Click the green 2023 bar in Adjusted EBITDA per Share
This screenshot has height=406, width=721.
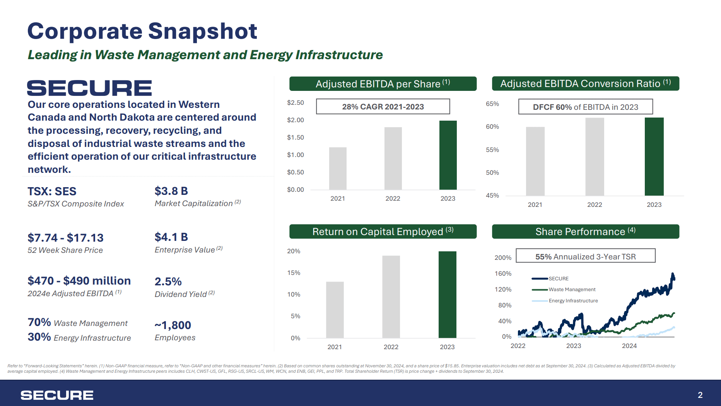(x=448, y=155)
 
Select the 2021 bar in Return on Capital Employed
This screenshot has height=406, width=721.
(x=335, y=310)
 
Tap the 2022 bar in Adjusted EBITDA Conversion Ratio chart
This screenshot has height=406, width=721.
(x=595, y=157)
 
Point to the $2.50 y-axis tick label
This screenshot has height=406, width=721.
(x=295, y=103)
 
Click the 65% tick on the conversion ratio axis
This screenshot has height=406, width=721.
(x=492, y=104)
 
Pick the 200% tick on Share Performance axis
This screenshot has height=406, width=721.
(x=502, y=258)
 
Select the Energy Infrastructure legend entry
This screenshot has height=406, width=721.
(x=573, y=301)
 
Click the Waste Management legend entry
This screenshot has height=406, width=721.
(x=572, y=290)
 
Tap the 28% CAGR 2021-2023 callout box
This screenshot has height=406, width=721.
(x=383, y=107)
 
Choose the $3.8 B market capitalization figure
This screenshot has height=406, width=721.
(x=171, y=191)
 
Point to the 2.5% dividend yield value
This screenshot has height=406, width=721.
(x=168, y=281)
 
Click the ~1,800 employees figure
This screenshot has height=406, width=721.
(x=173, y=325)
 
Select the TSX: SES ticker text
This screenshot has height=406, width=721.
(x=52, y=191)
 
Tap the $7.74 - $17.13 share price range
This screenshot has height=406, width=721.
(x=65, y=238)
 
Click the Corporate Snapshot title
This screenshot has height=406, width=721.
(x=142, y=31)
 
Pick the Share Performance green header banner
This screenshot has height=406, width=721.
(x=585, y=232)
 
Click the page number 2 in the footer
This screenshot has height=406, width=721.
(x=700, y=395)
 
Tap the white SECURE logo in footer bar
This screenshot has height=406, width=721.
(x=57, y=395)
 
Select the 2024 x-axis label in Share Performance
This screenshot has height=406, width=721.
(x=629, y=346)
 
